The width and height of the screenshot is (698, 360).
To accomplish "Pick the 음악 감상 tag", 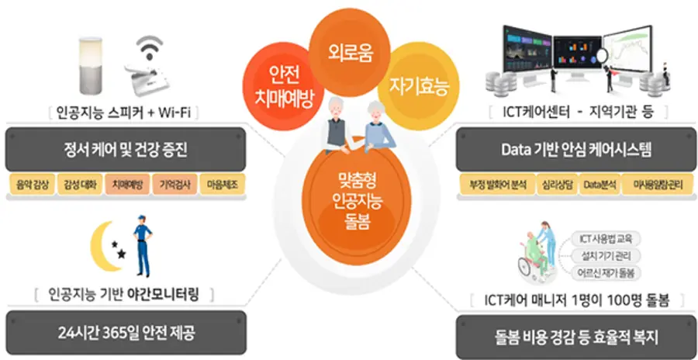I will [x=31, y=187].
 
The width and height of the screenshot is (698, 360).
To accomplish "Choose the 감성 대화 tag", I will [x=80, y=187].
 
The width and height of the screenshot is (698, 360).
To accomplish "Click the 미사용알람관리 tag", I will [x=656, y=187].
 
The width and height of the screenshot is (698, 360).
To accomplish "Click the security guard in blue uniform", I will [x=141, y=248].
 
